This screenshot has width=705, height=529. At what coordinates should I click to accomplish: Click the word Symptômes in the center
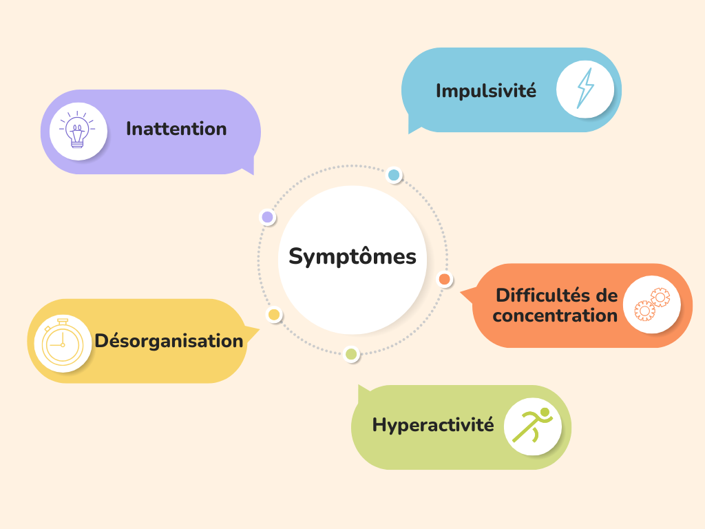(352, 257)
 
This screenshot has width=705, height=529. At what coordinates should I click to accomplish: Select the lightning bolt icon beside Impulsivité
(585, 89)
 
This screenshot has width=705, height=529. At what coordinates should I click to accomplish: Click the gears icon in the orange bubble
(651, 304)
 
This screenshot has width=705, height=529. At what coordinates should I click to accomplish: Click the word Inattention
(176, 129)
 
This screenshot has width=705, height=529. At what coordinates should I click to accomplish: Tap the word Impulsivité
(485, 90)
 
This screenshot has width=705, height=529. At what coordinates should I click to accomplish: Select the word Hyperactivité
(433, 424)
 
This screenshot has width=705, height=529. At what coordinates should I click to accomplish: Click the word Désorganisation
(169, 340)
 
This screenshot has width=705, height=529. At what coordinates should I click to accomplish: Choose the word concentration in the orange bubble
(555, 315)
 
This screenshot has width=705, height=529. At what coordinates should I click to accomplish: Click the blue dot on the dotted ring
(394, 175)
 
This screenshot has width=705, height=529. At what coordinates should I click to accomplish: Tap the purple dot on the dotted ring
(268, 218)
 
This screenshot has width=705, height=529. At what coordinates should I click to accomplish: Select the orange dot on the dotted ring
(445, 280)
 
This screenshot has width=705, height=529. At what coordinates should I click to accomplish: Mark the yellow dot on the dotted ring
(274, 315)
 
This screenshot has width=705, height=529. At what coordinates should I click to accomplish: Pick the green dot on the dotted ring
(351, 354)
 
